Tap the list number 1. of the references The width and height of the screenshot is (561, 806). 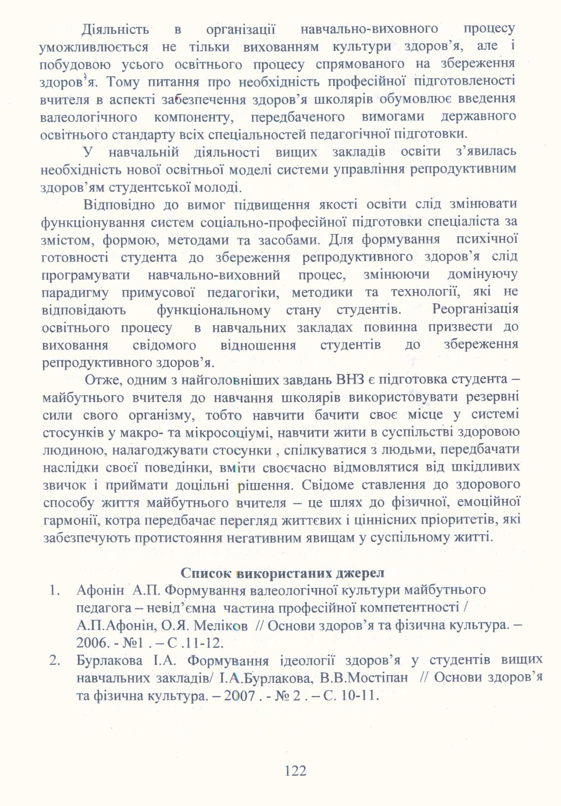pyautogui.click(x=55, y=590)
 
